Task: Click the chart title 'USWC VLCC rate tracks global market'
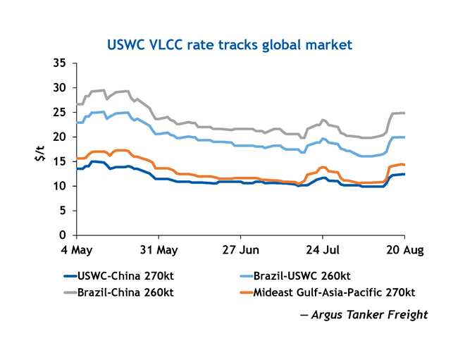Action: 229,45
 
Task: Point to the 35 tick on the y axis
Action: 60,63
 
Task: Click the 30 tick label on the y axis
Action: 60,88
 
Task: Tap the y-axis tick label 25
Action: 60,113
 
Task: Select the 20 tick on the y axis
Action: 60,137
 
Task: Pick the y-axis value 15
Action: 60,161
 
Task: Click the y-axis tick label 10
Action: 60,186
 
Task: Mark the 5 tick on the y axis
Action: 63,211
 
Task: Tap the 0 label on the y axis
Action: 63,235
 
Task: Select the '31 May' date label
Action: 158,249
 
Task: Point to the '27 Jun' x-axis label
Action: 240,249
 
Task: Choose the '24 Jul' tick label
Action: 322,249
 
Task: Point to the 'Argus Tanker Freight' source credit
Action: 368,314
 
